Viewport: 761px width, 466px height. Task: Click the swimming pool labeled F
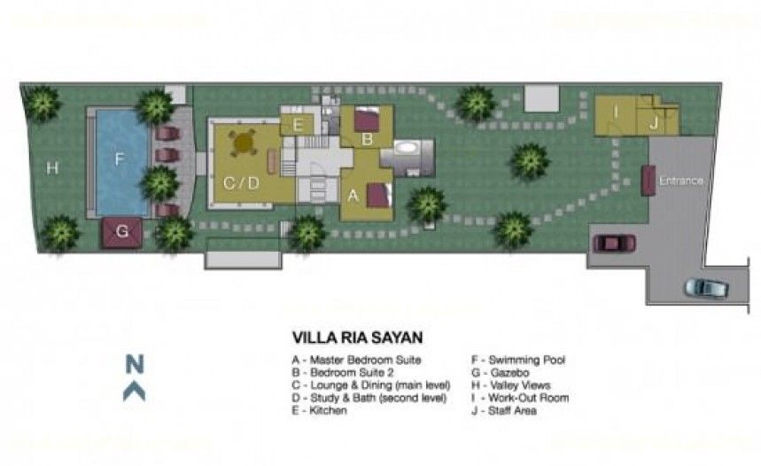click(x=122, y=163)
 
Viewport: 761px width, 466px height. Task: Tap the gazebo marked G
click(x=122, y=232)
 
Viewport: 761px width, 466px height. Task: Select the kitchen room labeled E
click(x=298, y=125)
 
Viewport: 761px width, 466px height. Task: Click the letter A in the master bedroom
click(x=353, y=196)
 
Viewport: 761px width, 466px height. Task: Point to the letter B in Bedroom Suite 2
click(x=368, y=139)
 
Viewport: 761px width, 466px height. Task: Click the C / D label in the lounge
click(x=241, y=183)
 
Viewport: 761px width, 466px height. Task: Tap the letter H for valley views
click(x=52, y=168)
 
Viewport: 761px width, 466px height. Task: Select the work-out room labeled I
click(x=616, y=115)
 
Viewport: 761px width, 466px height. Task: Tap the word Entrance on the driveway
click(x=681, y=181)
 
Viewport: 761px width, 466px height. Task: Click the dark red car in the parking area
click(x=615, y=244)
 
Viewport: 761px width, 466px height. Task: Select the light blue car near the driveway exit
click(x=707, y=287)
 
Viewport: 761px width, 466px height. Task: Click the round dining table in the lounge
click(x=243, y=142)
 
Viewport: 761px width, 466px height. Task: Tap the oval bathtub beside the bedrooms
click(x=407, y=148)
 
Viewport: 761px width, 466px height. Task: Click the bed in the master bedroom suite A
click(x=379, y=195)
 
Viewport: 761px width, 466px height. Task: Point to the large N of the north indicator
click(x=135, y=364)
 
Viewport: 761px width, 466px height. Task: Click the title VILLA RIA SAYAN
click(x=357, y=338)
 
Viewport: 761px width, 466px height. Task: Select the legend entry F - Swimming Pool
click(x=518, y=361)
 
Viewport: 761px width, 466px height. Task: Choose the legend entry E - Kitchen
click(x=319, y=411)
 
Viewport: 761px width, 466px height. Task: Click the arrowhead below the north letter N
click(x=135, y=391)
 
